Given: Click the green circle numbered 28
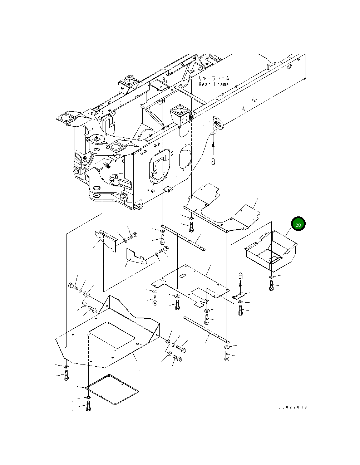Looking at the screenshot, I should [298, 224].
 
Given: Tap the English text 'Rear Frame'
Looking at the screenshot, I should [213, 84].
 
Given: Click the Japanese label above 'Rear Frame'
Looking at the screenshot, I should [214, 78].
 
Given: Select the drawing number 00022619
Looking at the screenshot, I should [292, 407].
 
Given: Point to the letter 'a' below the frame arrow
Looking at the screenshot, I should [213, 161].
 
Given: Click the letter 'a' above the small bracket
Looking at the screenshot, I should [241, 275].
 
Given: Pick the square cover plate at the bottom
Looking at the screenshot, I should [113, 390].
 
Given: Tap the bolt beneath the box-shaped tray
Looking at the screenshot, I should [271, 286].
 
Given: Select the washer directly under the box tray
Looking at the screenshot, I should [271, 278].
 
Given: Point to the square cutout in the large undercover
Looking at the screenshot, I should [112, 336].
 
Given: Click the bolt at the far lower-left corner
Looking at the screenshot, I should [66, 376].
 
